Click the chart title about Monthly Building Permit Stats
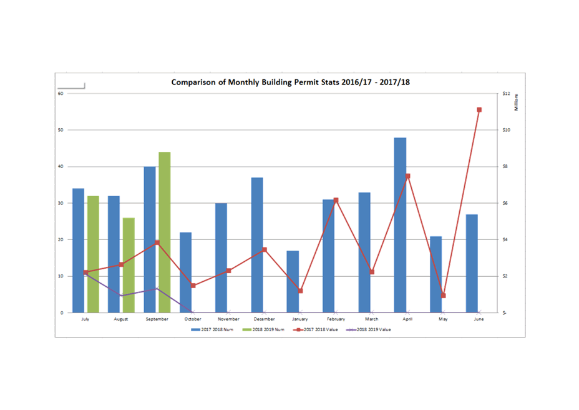coord(290,82)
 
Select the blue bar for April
coord(400,225)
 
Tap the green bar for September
coord(165,232)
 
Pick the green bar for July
coord(93,254)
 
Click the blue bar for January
coord(293,281)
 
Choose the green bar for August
coord(129,265)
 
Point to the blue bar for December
coord(257,245)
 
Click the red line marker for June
coord(479,110)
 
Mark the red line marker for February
coord(336,200)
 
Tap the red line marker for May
coord(444,296)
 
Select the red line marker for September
coord(157,242)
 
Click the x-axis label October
coord(193,319)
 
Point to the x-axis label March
coord(372,319)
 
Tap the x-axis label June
coord(479,319)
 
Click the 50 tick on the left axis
coord(61,130)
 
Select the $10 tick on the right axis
coord(507,130)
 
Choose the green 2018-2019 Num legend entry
coord(265,329)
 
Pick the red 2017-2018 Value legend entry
coord(318,329)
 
